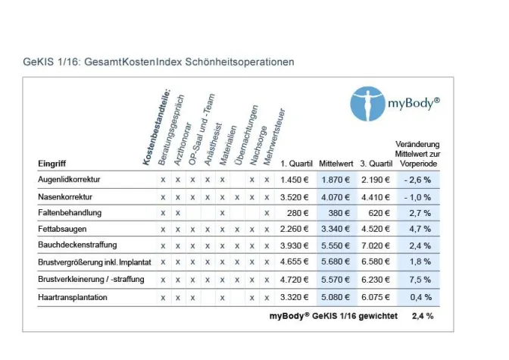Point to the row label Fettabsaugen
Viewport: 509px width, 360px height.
[x=62, y=228]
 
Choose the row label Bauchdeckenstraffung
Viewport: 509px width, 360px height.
[x=77, y=245]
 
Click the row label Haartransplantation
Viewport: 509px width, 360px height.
[x=72, y=297]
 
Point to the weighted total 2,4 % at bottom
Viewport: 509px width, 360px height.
[x=423, y=315]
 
